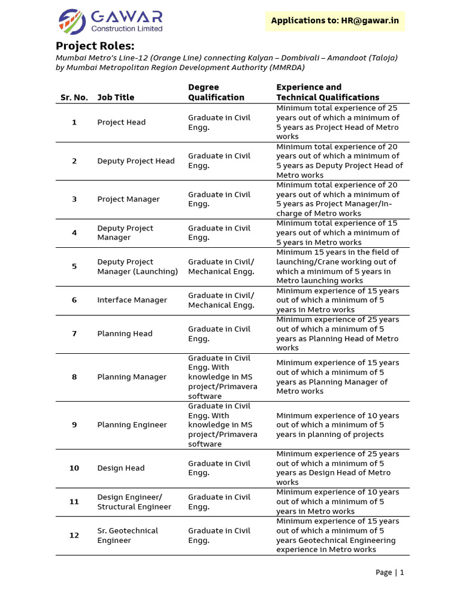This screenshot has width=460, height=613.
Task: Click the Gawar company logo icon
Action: coord(72,22)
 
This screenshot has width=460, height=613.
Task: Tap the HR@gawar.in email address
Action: coord(370,21)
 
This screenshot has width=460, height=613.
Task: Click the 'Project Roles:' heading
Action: coord(95,46)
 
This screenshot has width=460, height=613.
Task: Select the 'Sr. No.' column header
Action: coord(74,98)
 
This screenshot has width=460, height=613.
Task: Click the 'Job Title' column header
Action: coord(116,98)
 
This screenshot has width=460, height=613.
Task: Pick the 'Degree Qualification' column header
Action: coord(216,92)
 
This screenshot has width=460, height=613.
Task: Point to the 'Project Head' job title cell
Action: coord(122,123)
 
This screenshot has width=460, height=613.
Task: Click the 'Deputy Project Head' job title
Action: coord(136,161)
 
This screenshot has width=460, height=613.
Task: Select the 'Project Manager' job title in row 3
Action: coord(128,199)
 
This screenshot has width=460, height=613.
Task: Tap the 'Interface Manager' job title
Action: coord(132,301)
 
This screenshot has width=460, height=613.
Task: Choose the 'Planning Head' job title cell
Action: coord(125,334)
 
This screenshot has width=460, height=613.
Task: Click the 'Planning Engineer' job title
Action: coord(132,425)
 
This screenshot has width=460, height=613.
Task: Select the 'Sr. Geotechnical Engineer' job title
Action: coord(128,536)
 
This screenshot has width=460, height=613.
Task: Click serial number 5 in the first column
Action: coord(74,266)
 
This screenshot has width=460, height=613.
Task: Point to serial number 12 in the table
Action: coord(74,536)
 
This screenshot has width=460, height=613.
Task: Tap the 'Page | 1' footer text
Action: coord(389,572)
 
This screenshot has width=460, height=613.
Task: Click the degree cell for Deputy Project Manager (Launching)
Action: coord(221,266)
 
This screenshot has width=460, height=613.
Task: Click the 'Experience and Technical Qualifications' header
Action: coord(328,92)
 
